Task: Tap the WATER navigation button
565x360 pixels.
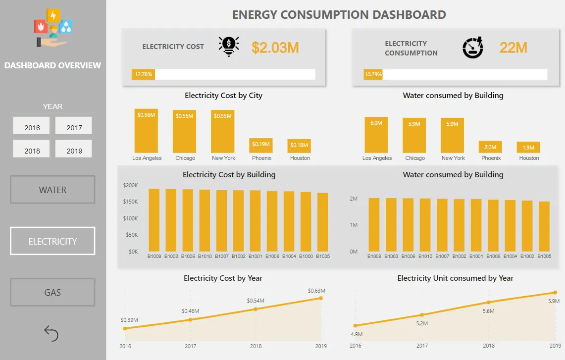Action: point(52,190)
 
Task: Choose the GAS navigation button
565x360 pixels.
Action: point(52,292)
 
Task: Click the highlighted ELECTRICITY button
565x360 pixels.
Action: point(52,241)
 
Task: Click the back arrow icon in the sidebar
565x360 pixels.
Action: point(51,333)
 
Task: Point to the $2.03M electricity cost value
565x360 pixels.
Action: point(275,48)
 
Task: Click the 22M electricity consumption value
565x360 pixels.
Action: point(513,48)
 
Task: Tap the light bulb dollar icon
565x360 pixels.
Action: point(228,47)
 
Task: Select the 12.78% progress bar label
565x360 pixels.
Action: point(143,75)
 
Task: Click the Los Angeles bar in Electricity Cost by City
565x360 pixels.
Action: point(147,131)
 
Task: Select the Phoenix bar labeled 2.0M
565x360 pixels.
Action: point(491,147)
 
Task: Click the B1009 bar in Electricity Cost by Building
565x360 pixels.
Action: point(154,220)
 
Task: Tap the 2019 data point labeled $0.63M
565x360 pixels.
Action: point(321,298)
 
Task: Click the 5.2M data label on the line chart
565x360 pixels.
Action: point(422,323)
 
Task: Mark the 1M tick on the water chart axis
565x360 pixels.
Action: point(354,225)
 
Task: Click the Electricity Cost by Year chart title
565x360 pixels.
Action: point(223,278)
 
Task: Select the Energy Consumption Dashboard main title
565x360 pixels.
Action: point(339,15)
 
